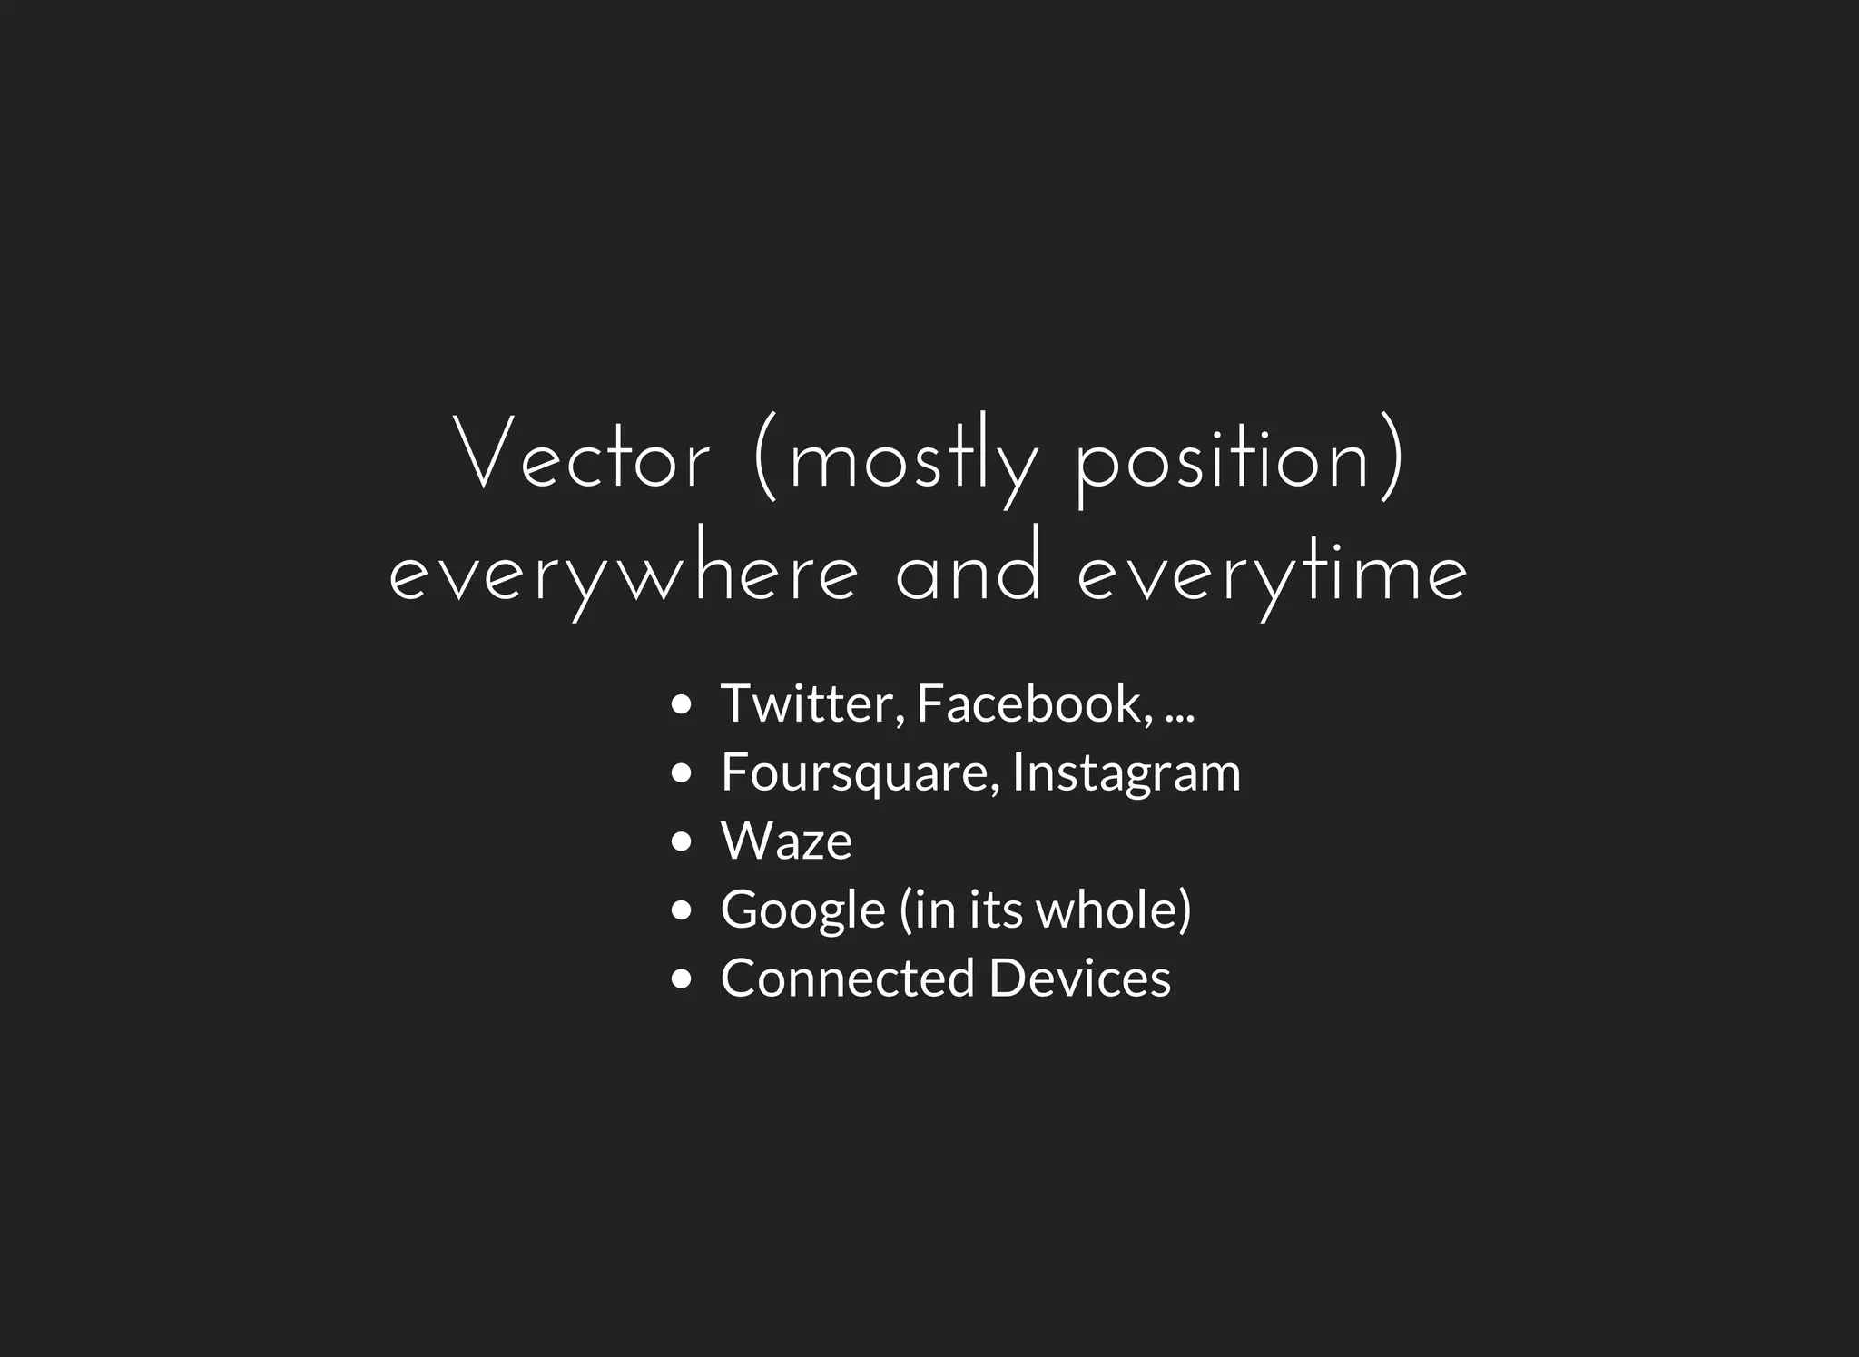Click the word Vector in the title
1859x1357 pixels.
582,456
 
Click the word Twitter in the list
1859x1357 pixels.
811,703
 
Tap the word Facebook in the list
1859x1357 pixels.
1035,703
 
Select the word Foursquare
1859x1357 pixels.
859,772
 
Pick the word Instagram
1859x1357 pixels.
1126,773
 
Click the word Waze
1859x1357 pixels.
786,841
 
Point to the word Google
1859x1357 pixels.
802,910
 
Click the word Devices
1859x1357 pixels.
1079,978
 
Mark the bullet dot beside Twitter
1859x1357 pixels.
681,704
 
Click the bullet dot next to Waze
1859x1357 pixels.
681,841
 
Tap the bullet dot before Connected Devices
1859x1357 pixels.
681,978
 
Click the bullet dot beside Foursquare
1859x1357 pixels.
681,773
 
